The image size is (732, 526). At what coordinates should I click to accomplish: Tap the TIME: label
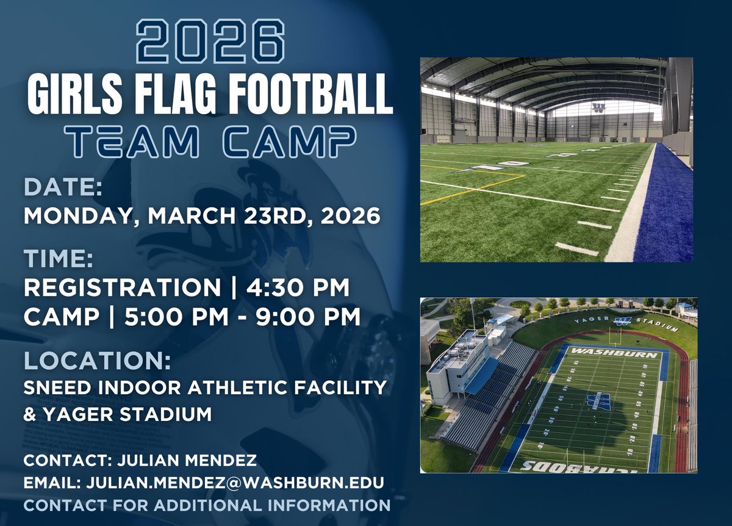point(59,259)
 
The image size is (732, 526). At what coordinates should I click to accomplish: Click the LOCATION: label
point(97,361)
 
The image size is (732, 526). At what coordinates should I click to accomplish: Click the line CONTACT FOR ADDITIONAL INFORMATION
point(207,505)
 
